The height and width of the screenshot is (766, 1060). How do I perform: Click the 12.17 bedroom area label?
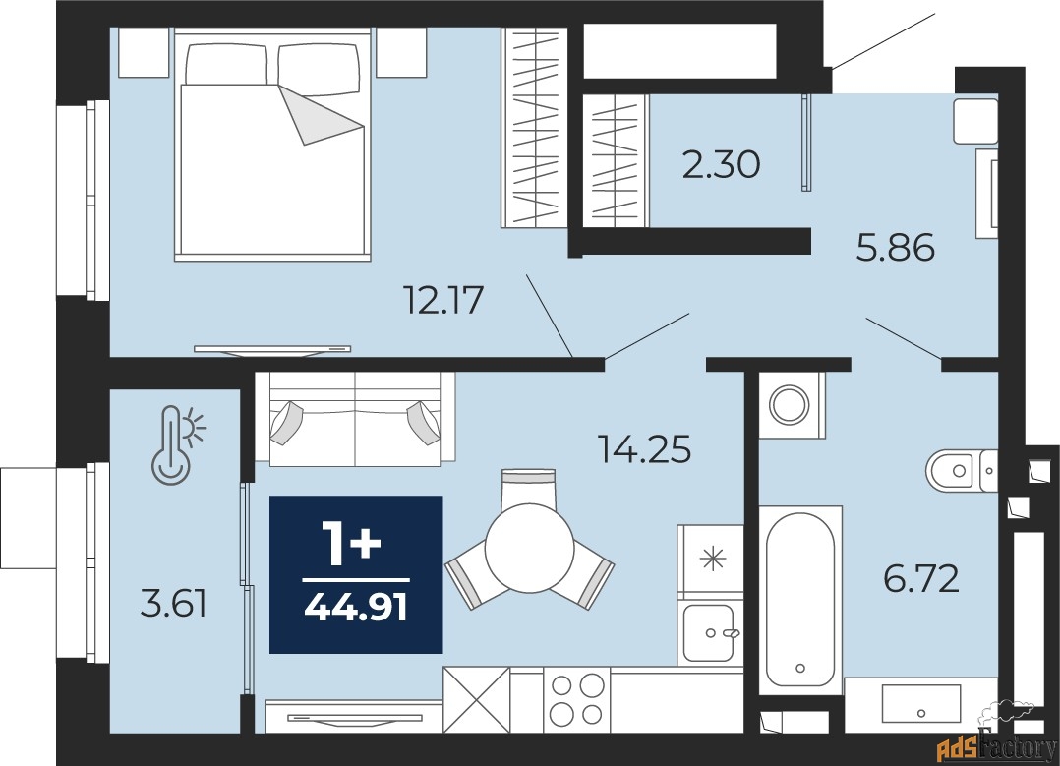point(443,300)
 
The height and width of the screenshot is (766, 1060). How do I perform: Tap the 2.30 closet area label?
point(722,164)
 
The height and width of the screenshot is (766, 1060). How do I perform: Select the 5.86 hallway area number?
point(896,247)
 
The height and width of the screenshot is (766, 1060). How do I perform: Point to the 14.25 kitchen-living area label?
point(645,449)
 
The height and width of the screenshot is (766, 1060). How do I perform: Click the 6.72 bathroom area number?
point(921,579)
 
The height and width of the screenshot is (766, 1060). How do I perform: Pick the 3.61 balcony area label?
point(173,603)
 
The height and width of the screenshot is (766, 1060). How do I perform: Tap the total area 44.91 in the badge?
point(356,607)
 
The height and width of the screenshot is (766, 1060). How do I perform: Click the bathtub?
point(800,600)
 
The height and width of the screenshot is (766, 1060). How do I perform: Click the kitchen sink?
point(708,632)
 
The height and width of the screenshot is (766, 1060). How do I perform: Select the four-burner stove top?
point(576,699)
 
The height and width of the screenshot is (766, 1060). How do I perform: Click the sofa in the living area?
point(355,419)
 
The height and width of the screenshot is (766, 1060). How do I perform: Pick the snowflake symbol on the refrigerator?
point(713,559)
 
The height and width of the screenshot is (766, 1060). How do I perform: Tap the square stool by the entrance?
point(975,121)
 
